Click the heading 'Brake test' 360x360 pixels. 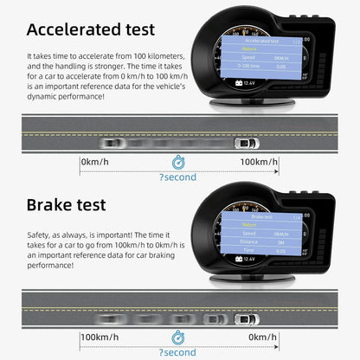66,205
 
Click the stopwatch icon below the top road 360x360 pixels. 177,162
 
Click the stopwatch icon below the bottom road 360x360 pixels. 177,337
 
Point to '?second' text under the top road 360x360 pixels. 177,177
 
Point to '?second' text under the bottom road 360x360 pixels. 177,352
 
